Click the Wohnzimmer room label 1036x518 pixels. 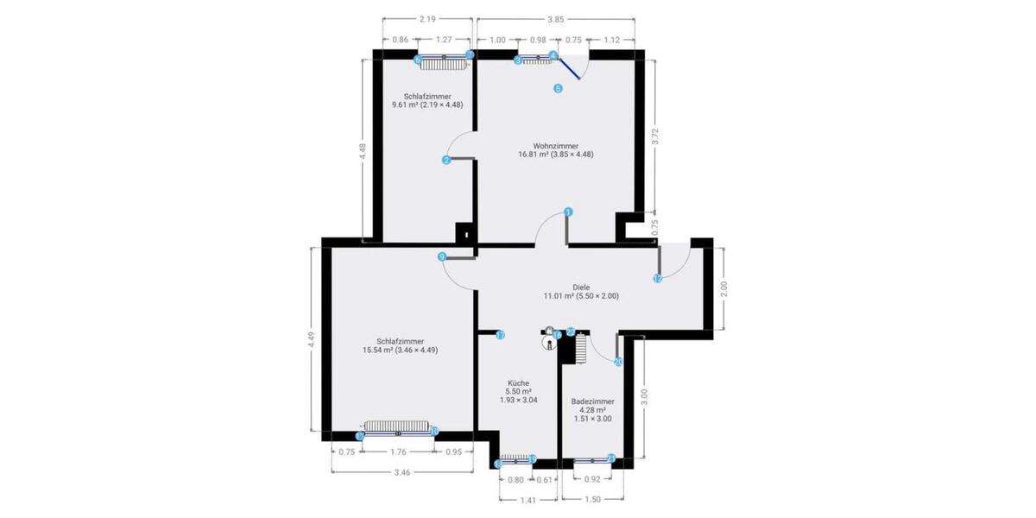[555, 146]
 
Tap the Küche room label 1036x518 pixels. [518, 382]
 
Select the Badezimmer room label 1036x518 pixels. [592, 401]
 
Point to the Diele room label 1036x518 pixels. [580, 287]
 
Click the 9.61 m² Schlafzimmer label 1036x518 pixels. [427, 97]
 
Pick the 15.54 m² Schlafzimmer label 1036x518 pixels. [400, 341]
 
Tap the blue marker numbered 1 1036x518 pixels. [568, 212]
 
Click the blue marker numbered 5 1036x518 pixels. [558, 88]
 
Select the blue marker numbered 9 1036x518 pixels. [442, 256]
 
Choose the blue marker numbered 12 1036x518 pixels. [658, 279]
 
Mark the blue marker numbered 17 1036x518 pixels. [500, 335]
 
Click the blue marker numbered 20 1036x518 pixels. [618, 363]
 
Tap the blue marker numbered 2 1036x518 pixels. [446, 160]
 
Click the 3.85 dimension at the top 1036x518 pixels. [555, 19]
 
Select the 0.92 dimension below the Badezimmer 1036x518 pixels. [592, 479]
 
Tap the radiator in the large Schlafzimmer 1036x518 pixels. [396, 426]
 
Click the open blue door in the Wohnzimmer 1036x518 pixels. [569, 68]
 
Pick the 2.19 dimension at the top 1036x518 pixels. [426, 19]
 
